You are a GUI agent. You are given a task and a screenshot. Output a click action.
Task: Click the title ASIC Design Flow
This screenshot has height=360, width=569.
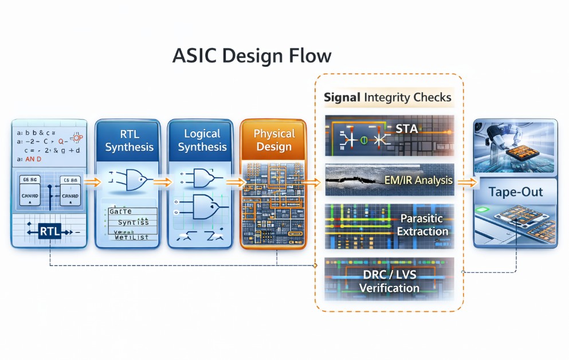252,56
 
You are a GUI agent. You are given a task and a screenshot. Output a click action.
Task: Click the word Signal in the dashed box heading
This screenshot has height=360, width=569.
342,97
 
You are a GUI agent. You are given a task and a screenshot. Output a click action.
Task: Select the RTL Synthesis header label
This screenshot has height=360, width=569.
130,140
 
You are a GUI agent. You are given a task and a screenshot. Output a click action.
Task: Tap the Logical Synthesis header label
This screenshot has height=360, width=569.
202,140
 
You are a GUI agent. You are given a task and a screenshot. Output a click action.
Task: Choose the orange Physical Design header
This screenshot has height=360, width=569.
274,140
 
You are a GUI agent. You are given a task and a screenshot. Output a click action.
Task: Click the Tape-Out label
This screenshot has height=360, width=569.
516,191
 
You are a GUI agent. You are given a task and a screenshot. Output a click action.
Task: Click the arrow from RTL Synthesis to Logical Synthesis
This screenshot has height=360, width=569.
163,183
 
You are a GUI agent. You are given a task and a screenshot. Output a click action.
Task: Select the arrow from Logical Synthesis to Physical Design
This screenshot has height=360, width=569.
235,183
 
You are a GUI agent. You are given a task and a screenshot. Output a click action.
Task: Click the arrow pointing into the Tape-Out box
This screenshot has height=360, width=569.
468,182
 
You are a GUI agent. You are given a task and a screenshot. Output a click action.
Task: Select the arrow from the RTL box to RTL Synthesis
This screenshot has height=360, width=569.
91,183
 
